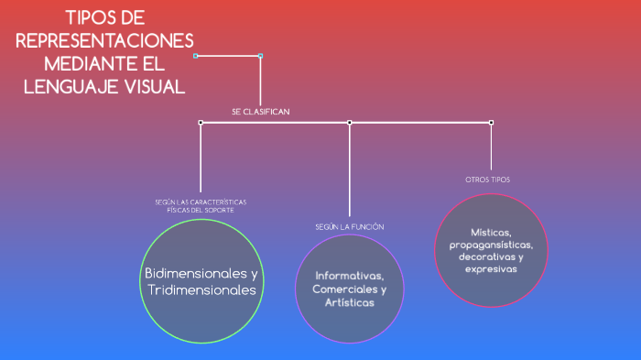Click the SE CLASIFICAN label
pyautogui.click(x=261, y=112)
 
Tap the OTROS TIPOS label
pyautogui.click(x=487, y=180)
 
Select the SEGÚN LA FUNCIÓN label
pyautogui.click(x=350, y=226)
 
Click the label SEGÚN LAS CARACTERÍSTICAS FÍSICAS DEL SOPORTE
pyautogui.click(x=201, y=206)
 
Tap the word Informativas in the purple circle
pyautogui.click(x=349, y=276)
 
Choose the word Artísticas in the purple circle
pyautogui.click(x=349, y=302)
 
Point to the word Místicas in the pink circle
pyautogui.click(x=491, y=233)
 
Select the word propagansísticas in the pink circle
pyautogui.click(x=491, y=245)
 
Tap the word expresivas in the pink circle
pyautogui.click(x=491, y=269)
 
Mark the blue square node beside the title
pyautogui.click(x=260, y=56)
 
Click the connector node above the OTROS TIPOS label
pyautogui.click(x=491, y=122)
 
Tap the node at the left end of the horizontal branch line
pyautogui.click(x=201, y=122)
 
